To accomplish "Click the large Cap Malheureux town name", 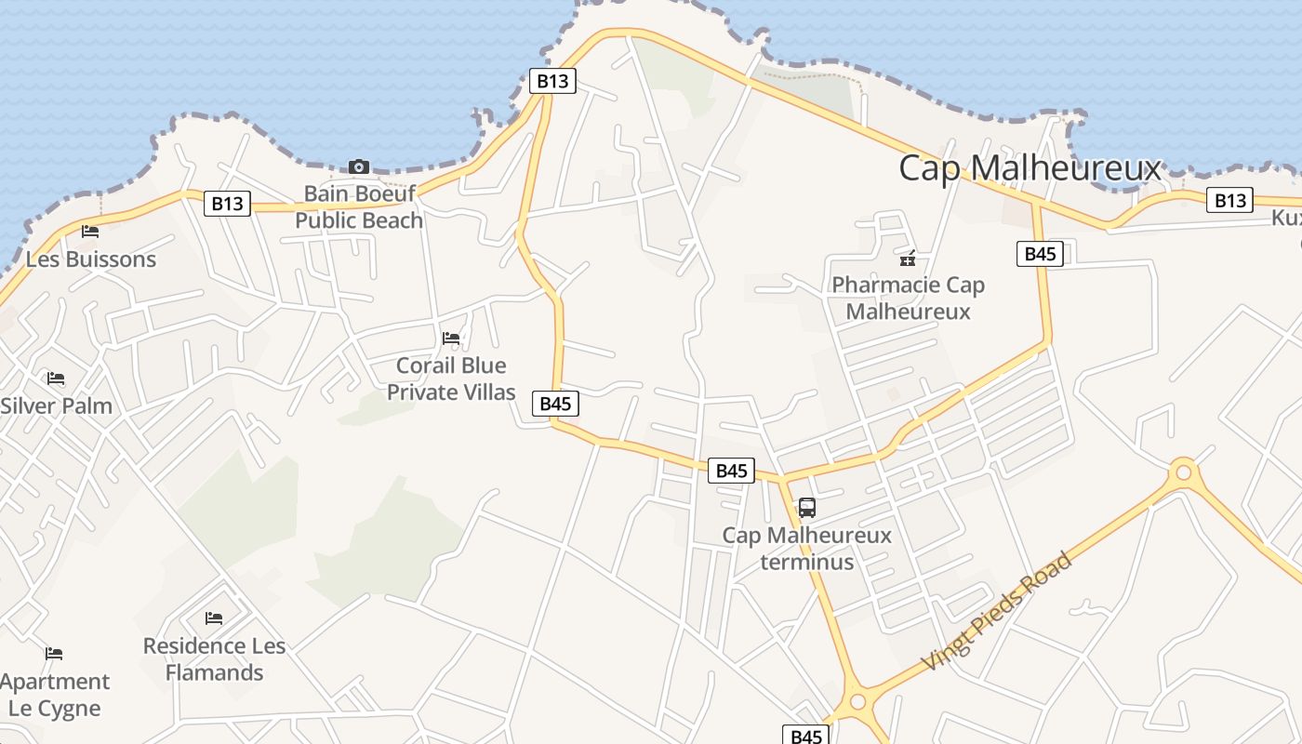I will point(1030,169).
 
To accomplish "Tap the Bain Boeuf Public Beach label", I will point(359,207).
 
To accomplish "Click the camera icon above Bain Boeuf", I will point(358,167).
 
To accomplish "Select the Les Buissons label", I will point(91,259).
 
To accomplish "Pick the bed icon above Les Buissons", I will point(90,231).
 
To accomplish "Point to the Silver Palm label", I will point(56,406).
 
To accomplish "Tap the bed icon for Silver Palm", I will point(56,379).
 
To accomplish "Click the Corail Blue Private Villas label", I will point(451,379).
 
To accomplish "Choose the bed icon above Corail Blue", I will point(451,339).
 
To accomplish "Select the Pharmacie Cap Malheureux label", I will point(908,298).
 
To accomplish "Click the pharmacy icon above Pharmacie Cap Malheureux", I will point(908,259).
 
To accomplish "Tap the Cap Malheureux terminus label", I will point(806,549).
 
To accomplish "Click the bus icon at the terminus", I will point(807,508).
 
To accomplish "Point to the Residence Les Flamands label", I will point(214,658).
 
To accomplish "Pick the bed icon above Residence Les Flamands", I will point(214,618).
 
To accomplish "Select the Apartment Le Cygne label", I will point(54,695).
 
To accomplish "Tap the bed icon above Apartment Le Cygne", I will point(54,654).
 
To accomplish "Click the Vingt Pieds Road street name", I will point(997,611).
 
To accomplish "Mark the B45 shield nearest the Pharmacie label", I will point(1039,254).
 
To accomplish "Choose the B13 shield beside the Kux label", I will point(1229,200).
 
